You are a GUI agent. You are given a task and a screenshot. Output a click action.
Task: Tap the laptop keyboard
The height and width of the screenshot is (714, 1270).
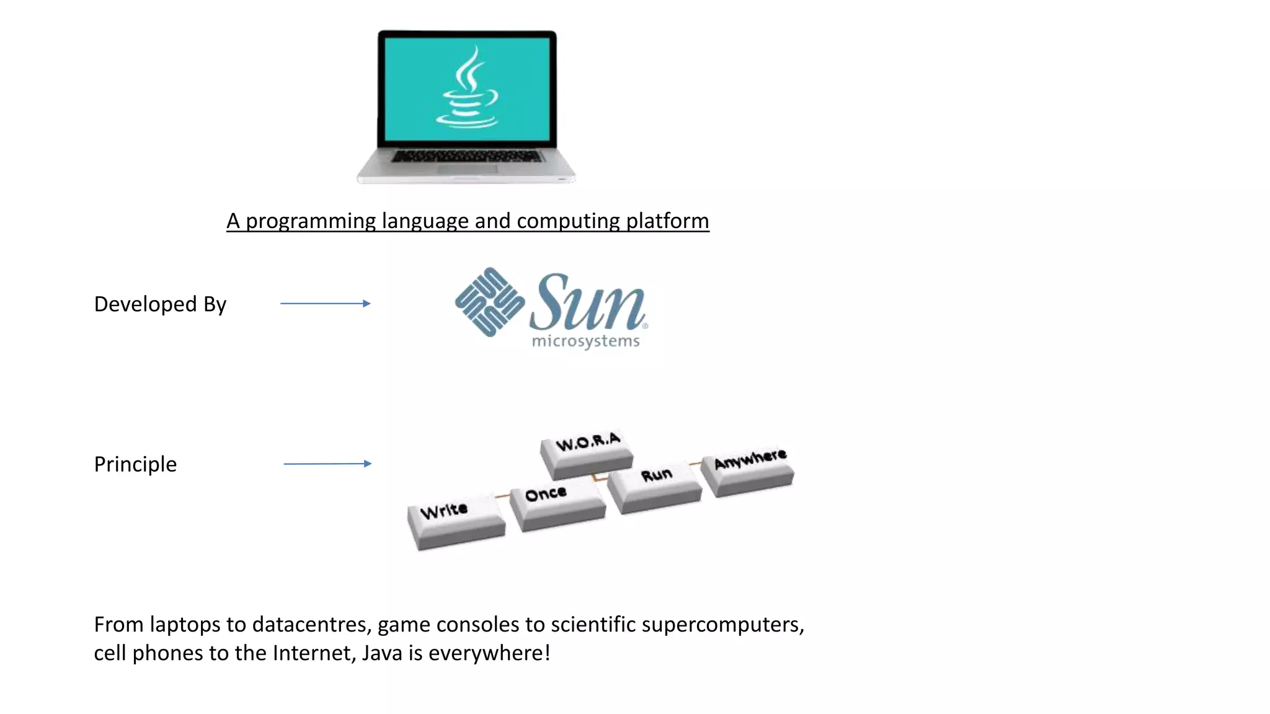point(466,156)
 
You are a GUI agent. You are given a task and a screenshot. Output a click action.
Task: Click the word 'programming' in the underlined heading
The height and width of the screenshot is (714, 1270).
point(311,221)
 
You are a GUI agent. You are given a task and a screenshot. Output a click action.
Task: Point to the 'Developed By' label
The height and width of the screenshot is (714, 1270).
point(160,304)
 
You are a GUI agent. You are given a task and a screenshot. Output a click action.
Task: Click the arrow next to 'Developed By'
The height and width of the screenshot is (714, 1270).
point(325,304)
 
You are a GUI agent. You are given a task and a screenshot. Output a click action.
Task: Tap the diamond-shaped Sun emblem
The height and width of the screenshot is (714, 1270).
point(489,302)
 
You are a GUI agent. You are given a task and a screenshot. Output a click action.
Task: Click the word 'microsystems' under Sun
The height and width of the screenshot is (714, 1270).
point(585,342)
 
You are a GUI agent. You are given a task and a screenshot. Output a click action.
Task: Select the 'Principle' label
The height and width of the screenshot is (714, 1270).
point(135,464)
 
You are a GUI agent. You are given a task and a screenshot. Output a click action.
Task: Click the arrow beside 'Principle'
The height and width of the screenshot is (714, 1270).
point(327,464)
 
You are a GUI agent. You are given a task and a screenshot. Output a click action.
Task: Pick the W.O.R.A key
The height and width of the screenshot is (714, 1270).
point(587,452)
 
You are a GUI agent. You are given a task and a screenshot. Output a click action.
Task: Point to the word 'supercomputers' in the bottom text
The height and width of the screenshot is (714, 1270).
point(722,625)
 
